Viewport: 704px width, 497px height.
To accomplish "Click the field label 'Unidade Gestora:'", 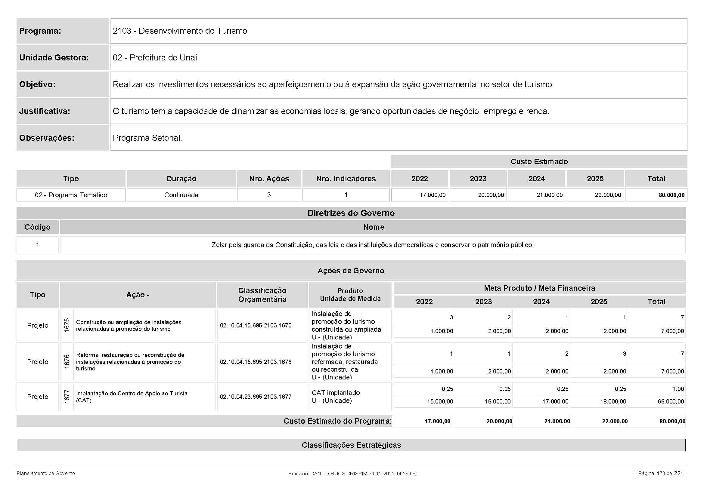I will click(x=54, y=57).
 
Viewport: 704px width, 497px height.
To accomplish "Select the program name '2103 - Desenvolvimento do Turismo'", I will click(x=180, y=31).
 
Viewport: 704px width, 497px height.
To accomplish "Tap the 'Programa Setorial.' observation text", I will click(x=147, y=138).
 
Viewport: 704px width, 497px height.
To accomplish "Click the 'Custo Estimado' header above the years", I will click(x=539, y=162).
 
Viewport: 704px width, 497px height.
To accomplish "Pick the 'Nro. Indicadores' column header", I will click(x=346, y=179).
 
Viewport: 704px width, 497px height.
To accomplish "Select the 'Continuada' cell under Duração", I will click(x=181, y=195).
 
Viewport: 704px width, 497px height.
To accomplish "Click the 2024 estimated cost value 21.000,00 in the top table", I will click(x=550, y=195).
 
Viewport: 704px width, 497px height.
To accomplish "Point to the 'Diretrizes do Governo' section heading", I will click(x=351, y=213).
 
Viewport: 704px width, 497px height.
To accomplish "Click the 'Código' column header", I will click(x=37, y=227).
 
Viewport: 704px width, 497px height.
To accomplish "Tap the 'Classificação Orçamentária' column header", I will click(x=262, y=295).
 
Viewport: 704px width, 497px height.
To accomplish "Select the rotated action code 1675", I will click(x=67, y=325).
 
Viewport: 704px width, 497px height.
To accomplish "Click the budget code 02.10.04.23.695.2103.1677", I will click(x=256, y=397).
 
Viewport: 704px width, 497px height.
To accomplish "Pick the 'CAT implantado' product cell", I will click(x=336, y=393).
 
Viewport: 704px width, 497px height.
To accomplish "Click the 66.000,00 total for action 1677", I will click(x=671, y=401).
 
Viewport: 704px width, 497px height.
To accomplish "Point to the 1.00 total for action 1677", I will click(x=678, y=389).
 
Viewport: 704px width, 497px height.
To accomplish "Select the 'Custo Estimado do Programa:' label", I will click(x=337, y=421).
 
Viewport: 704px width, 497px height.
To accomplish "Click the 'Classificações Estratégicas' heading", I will click(x=351, y=445).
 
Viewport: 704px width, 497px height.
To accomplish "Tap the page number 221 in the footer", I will click(x=678, y=474).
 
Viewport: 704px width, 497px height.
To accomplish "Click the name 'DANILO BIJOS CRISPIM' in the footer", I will click(x=339, y=474).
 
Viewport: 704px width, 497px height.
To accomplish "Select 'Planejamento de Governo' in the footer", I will click(x=46, y=474).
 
